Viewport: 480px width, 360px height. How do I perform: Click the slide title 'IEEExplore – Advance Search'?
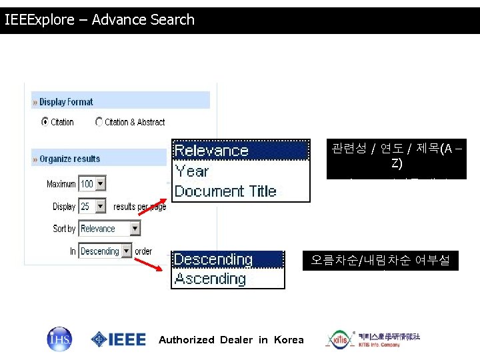pos(100,20)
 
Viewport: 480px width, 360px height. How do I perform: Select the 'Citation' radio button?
pos(45,122)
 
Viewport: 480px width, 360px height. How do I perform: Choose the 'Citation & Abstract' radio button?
pos(99,122)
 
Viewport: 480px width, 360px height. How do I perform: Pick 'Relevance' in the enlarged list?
pos(211,151)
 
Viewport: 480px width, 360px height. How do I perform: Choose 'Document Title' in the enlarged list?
pos(225,191)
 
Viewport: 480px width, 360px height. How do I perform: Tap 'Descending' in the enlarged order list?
pos(213,259)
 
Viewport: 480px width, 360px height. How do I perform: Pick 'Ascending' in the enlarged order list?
pos(210,279)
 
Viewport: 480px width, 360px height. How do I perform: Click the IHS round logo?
pos(59,339)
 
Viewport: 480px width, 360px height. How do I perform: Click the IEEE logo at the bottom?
pos(119,339)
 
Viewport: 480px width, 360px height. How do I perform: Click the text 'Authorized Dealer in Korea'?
pos(231,340)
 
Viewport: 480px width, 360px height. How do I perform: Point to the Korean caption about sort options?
pos(396,156)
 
